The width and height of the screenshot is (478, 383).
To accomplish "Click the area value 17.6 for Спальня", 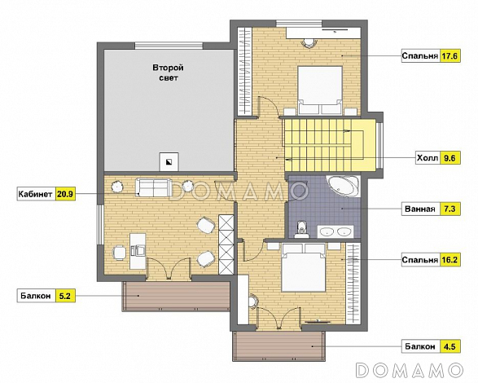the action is coord(450,56).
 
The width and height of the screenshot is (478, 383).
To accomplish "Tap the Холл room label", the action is coord(428,158).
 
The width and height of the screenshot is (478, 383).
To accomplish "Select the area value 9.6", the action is coord(450,158).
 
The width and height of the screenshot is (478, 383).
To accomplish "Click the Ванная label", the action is coord(420,209).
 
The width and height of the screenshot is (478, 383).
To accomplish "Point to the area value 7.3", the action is coord(450,209).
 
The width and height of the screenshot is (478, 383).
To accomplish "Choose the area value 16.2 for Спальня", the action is coord(450,260).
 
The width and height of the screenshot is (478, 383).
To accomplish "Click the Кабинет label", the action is coord(35,194).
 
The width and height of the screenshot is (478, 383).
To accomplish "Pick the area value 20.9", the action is coord(65,194).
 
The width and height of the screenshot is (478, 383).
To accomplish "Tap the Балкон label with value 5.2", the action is coord(36,296).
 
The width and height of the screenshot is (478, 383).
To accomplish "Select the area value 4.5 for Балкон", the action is coord(450,346).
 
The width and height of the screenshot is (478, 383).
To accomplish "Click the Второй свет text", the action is coord(169,73).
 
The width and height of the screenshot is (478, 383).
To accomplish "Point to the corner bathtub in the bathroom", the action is coord(344,186).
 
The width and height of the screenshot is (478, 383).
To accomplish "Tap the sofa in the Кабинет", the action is coord(152,187).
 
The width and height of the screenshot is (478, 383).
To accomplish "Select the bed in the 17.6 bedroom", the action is coord(320,90).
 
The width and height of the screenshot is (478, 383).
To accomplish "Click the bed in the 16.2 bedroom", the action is coord(304,267).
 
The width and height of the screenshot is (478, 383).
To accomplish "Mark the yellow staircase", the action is coord(330,145).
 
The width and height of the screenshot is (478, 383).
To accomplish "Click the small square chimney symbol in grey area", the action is coord(169,161).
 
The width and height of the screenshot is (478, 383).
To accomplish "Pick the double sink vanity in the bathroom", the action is coord(335,231).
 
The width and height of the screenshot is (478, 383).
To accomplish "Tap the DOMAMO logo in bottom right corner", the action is coord(409,370).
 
